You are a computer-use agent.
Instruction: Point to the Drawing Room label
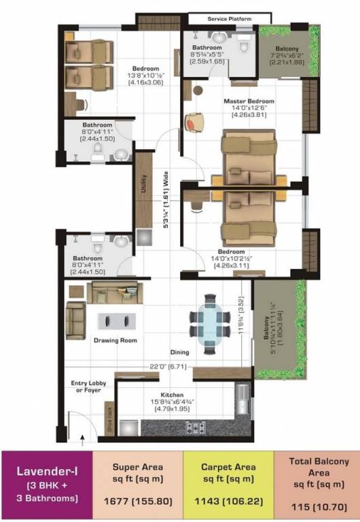pyautogui.click(x=115, y=340)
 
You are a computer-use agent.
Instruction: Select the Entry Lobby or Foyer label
pyautogui.click(x=88, y=387)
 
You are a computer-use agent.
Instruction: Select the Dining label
pyautogui.click(x=179, y=352)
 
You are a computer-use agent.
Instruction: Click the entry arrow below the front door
pyautogui.click(x=82, y=441)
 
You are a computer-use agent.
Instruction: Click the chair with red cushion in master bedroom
pyautogui.click(x=195, y=121)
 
